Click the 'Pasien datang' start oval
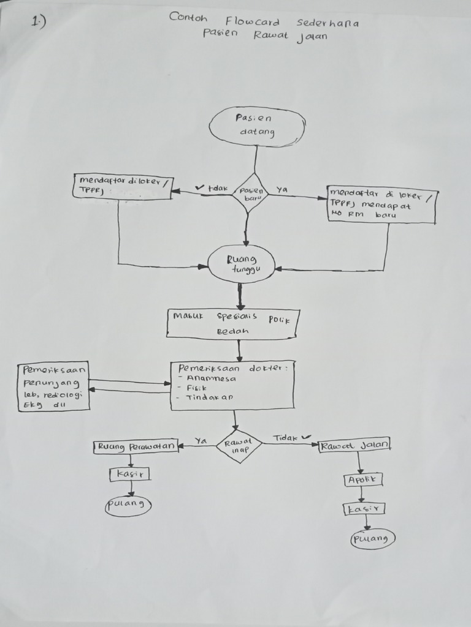[x=256, y=126]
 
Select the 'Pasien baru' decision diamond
[x=250, y=193]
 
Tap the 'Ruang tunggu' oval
[x=241, y=264]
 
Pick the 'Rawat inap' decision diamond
[x=239, y=446]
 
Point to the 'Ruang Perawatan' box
[x=136, y=446]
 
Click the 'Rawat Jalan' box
[x=355, y=445]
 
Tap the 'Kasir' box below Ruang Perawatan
[x=130, y=474]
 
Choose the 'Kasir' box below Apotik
[x=364, y=509]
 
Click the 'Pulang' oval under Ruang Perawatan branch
[x=128, y=505]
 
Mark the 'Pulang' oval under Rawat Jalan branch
[x=373, y=539]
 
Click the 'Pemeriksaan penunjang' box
[x=54, y=387]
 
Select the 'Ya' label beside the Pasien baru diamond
[x=282, y=189]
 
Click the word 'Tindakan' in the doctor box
[x=209, y=397]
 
